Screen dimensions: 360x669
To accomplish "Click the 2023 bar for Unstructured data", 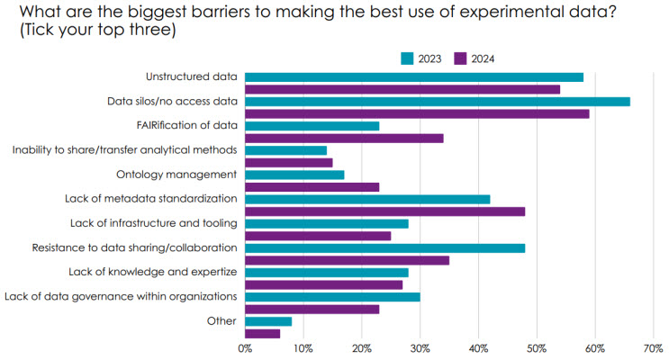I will coord(414,76).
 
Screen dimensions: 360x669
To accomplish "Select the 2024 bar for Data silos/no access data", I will coord(417,113).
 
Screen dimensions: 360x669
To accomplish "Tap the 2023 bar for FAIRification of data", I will coord(312,125).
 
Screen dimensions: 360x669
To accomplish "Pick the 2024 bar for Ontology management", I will coord(312,187).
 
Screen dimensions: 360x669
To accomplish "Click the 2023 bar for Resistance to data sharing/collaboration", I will coord(384,247).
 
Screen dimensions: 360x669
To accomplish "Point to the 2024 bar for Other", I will coord(262,333).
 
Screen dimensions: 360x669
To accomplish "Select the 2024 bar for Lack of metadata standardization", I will coord(384,211).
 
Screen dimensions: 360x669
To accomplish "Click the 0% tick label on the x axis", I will coord(245,347).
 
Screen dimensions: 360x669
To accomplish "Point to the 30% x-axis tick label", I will coord(420,347).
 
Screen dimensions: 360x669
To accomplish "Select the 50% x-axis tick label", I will coord(537,347).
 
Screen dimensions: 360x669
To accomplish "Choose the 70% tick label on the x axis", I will coord(654,347).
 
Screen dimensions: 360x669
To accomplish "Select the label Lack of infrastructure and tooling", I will coord(153,223).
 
